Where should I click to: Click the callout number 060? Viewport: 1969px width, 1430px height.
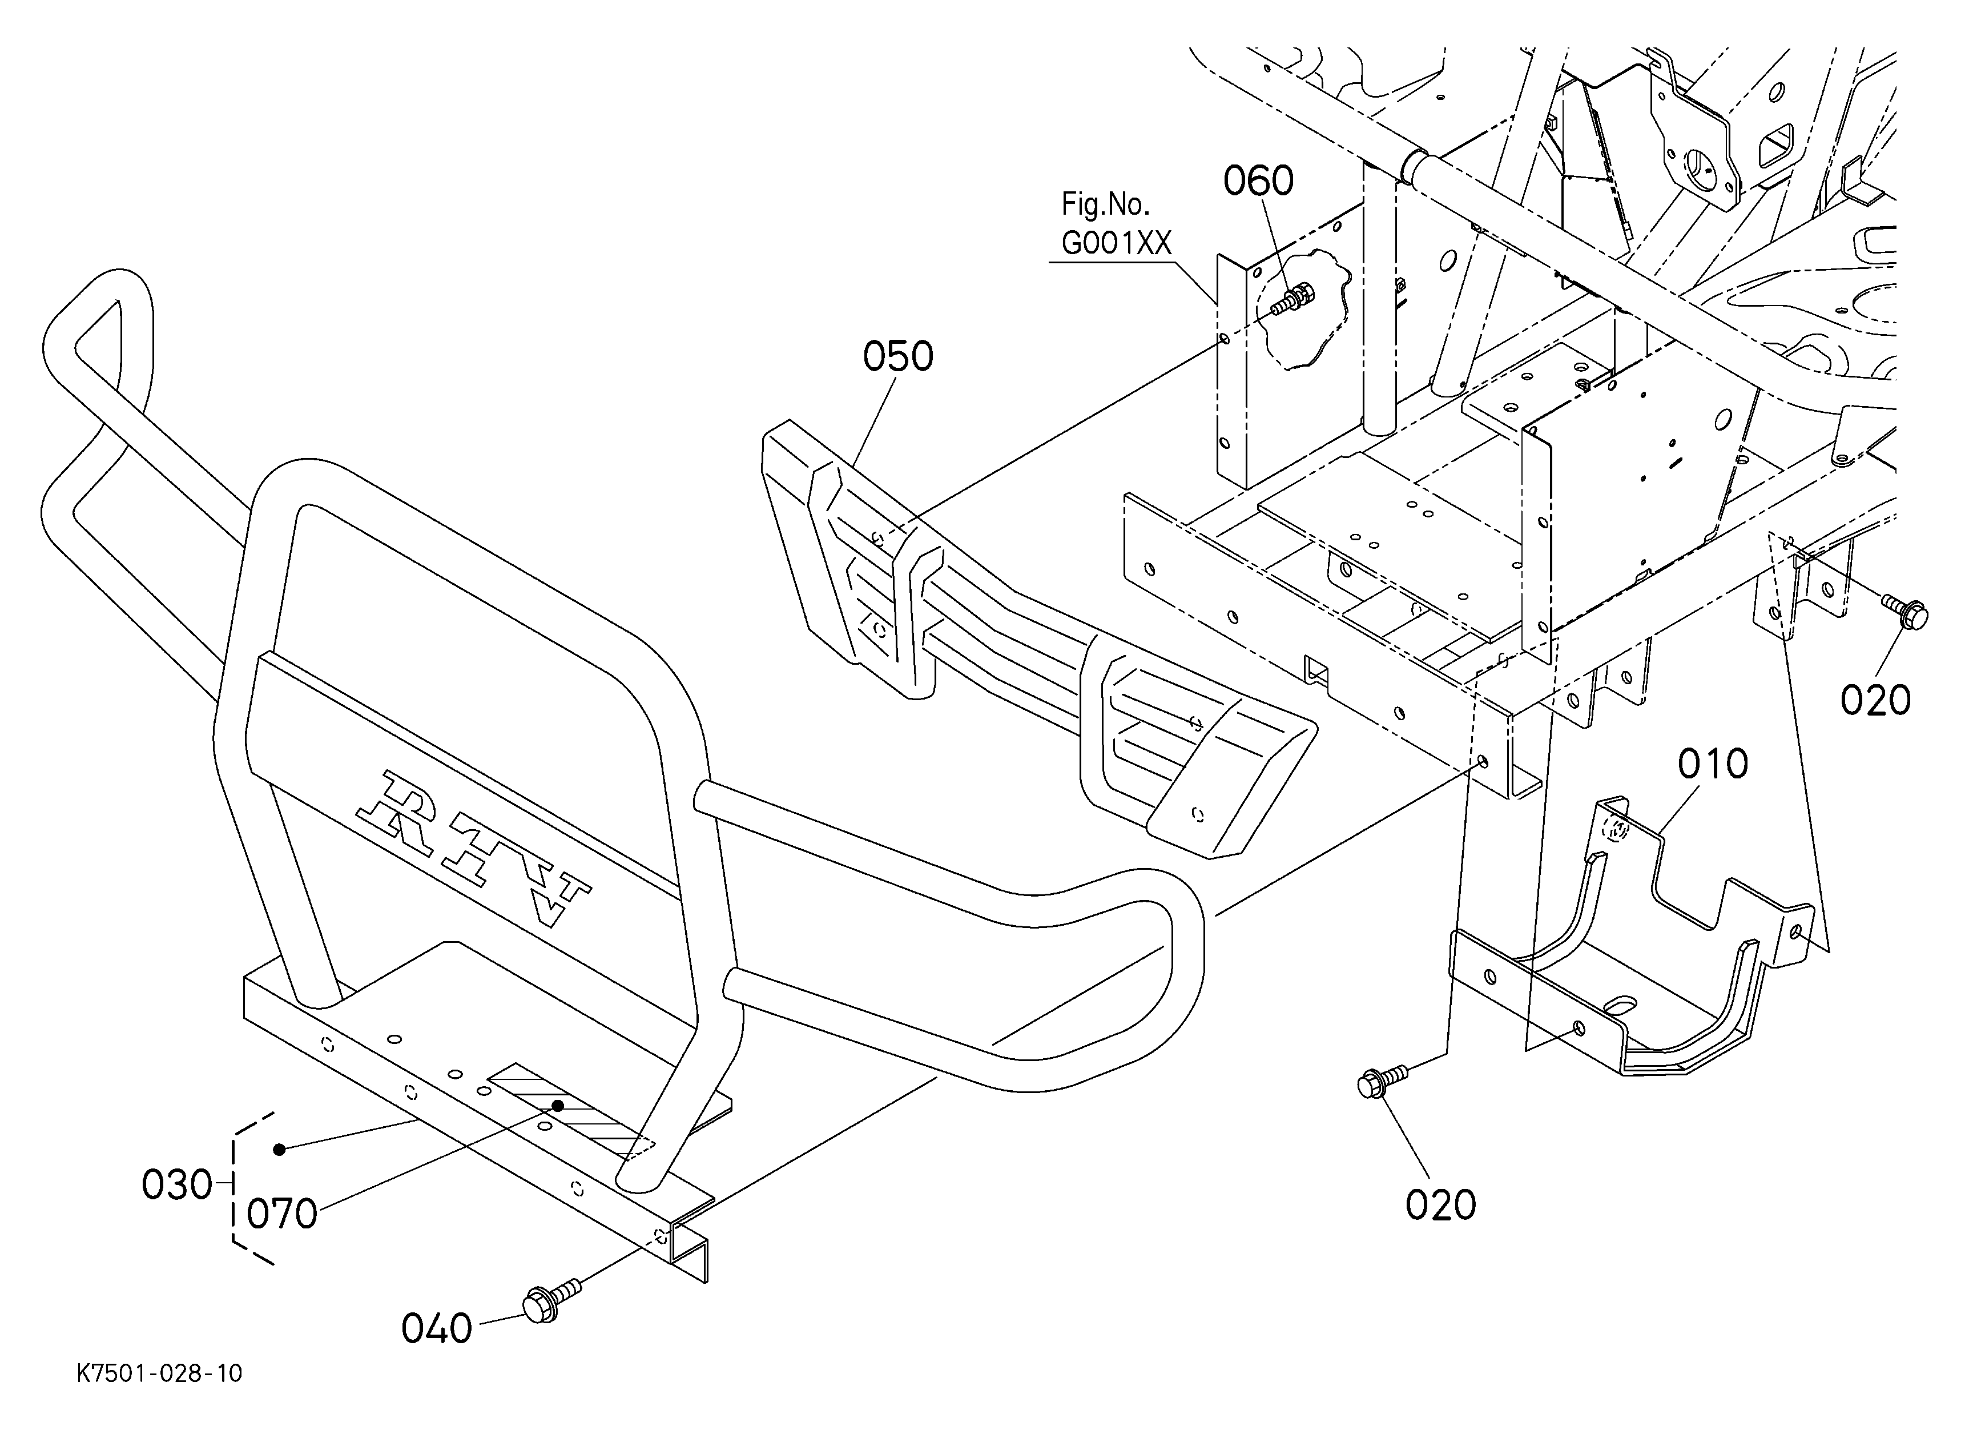1258,182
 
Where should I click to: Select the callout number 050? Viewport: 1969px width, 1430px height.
897,357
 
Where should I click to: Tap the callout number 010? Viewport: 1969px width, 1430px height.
1713,764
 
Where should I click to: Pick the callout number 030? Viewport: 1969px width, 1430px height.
177,1185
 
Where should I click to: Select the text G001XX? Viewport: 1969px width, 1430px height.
1117,244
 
